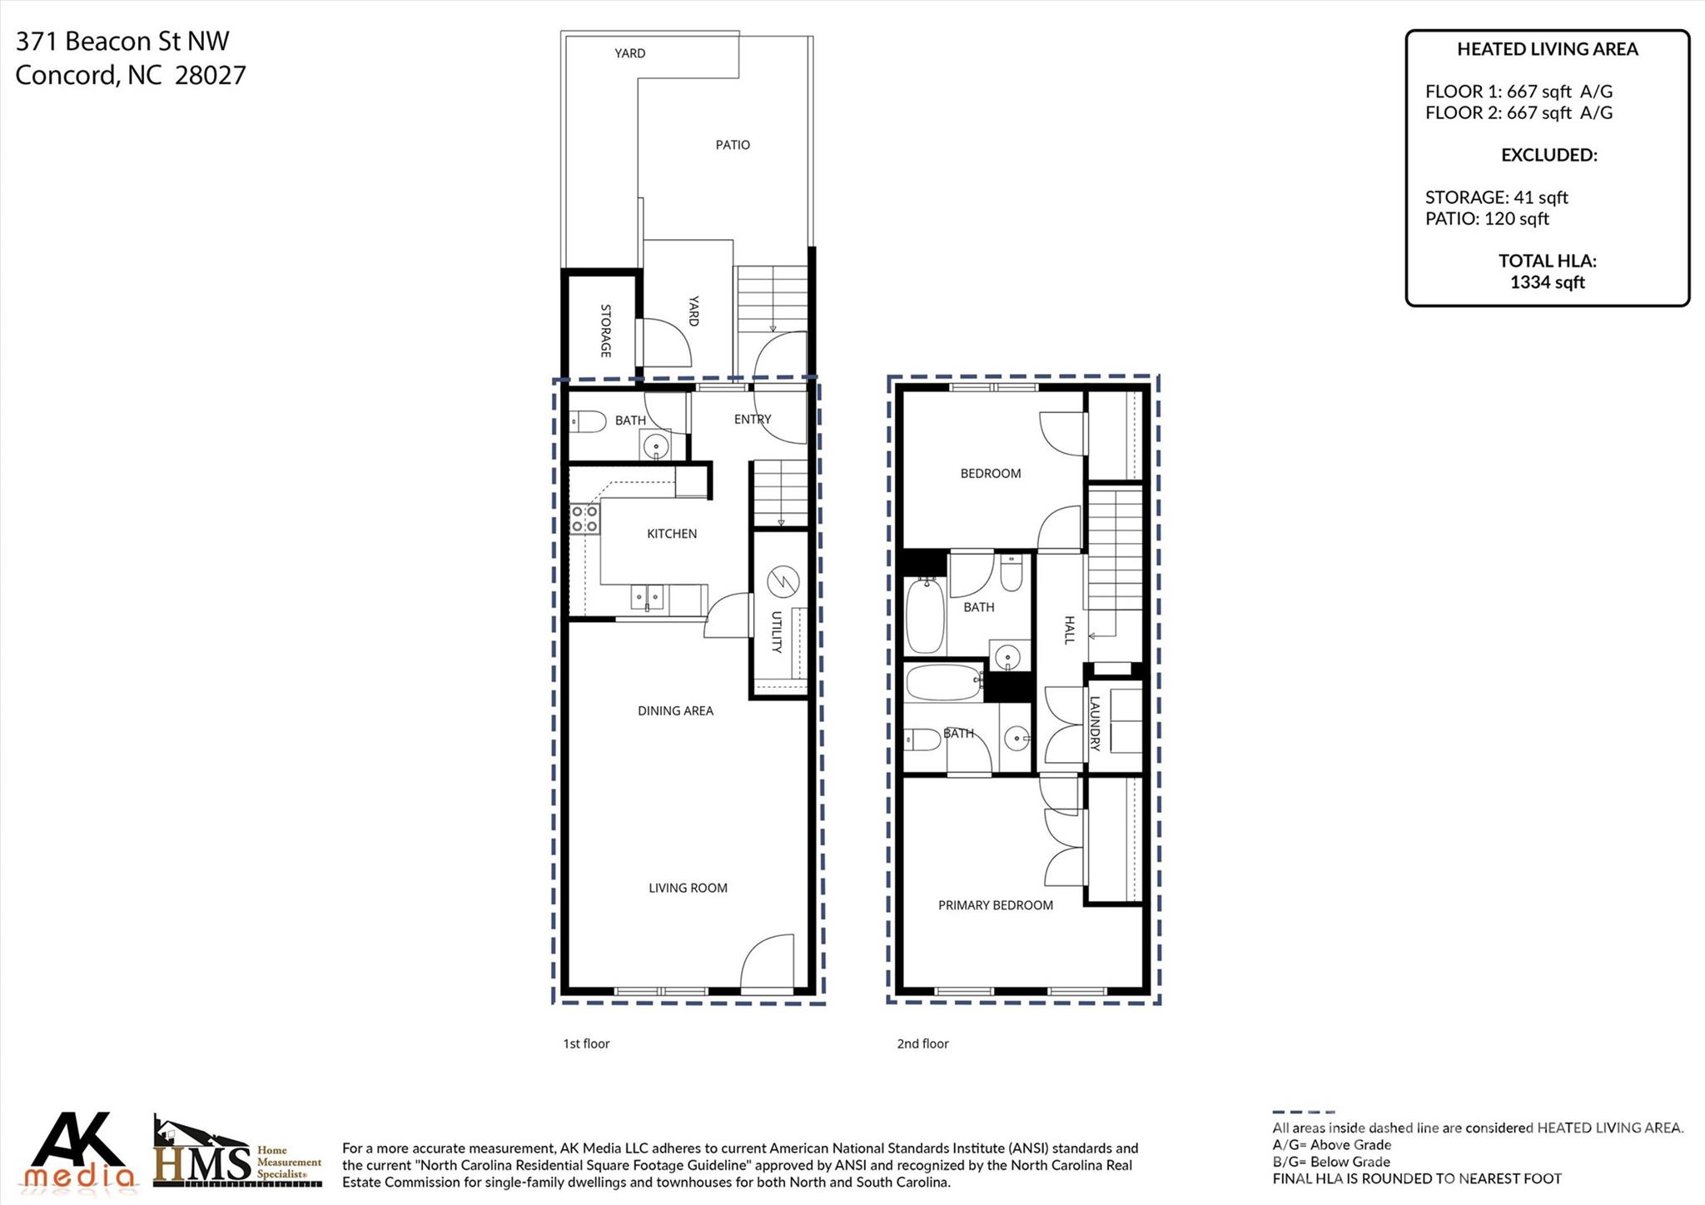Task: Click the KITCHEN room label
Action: (672, 534)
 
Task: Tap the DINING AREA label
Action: (675, 710)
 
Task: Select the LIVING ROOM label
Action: (688, 888)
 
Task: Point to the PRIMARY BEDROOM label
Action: (995, 905)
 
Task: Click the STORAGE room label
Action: (605, 331)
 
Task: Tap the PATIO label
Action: (733, 145)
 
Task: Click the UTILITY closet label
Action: (776, 632)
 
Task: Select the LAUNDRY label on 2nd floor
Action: (1095, 724)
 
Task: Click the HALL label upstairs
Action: (1070, 630)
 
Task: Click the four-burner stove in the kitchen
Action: (584, 519)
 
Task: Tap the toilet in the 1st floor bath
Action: (589, 421)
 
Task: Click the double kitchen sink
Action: (647, 597)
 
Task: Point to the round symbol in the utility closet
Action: (783, 580)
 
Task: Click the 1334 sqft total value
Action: (1547, 282)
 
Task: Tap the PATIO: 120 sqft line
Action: (1487, 219)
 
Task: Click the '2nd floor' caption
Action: (922, 1043)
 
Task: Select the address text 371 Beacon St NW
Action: (122, 41)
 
